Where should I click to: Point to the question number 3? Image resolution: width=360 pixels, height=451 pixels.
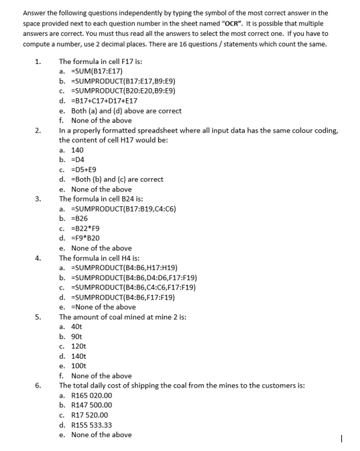coord(38,199)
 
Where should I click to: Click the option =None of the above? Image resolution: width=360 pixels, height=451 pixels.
coord(103,307)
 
